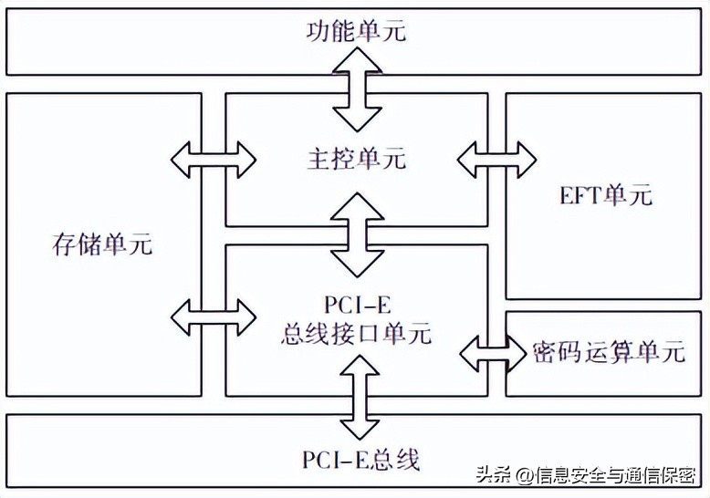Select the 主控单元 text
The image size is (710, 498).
click(355, 160)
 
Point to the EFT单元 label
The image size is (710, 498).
click(606, 195)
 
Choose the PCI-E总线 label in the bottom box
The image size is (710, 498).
click(361, 459)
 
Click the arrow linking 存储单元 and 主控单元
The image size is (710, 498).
click(214, 160)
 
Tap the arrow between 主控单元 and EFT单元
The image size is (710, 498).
click(496, 160)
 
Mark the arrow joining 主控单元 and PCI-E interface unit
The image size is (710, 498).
click(355, 234)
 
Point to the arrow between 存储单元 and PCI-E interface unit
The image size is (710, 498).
click(214, 316)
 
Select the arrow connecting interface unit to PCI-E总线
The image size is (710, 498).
click(355, 397)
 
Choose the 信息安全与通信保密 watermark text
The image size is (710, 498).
click(616, 476)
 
